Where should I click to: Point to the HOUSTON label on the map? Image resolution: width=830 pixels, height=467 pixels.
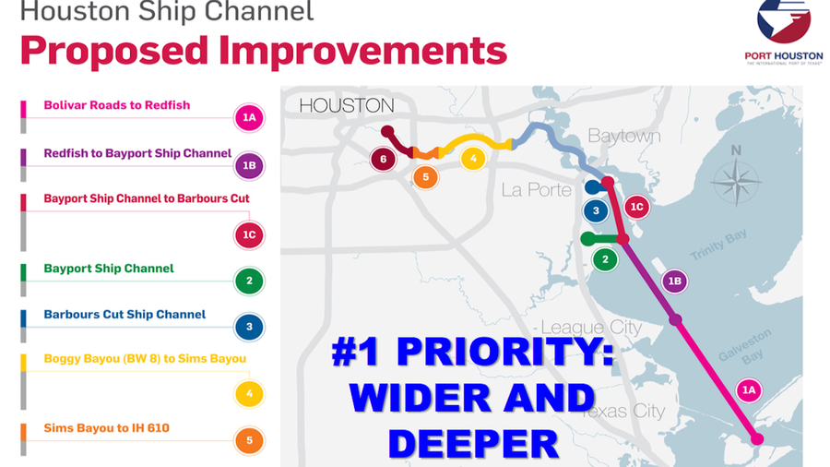(346, 105)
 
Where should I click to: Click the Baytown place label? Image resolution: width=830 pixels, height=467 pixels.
(624, 136)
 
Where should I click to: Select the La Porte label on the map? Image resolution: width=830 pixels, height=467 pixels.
(537, 190)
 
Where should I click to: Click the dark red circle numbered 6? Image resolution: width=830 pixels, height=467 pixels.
(384, 159)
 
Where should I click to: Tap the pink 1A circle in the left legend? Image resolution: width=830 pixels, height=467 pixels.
(249, 118)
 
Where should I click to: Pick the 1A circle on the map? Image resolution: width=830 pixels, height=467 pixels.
(749, 390)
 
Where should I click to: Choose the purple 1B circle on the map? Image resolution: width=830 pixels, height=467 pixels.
(674, 281)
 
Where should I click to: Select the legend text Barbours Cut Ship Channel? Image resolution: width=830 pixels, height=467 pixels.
(125, 314)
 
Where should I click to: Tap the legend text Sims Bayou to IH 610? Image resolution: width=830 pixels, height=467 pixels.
(106, 428)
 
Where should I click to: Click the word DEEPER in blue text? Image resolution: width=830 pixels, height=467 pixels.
(473, 443)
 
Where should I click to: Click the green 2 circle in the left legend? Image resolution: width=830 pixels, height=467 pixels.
(249, 281)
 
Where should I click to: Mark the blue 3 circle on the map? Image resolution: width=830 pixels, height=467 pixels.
(597, 210)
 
